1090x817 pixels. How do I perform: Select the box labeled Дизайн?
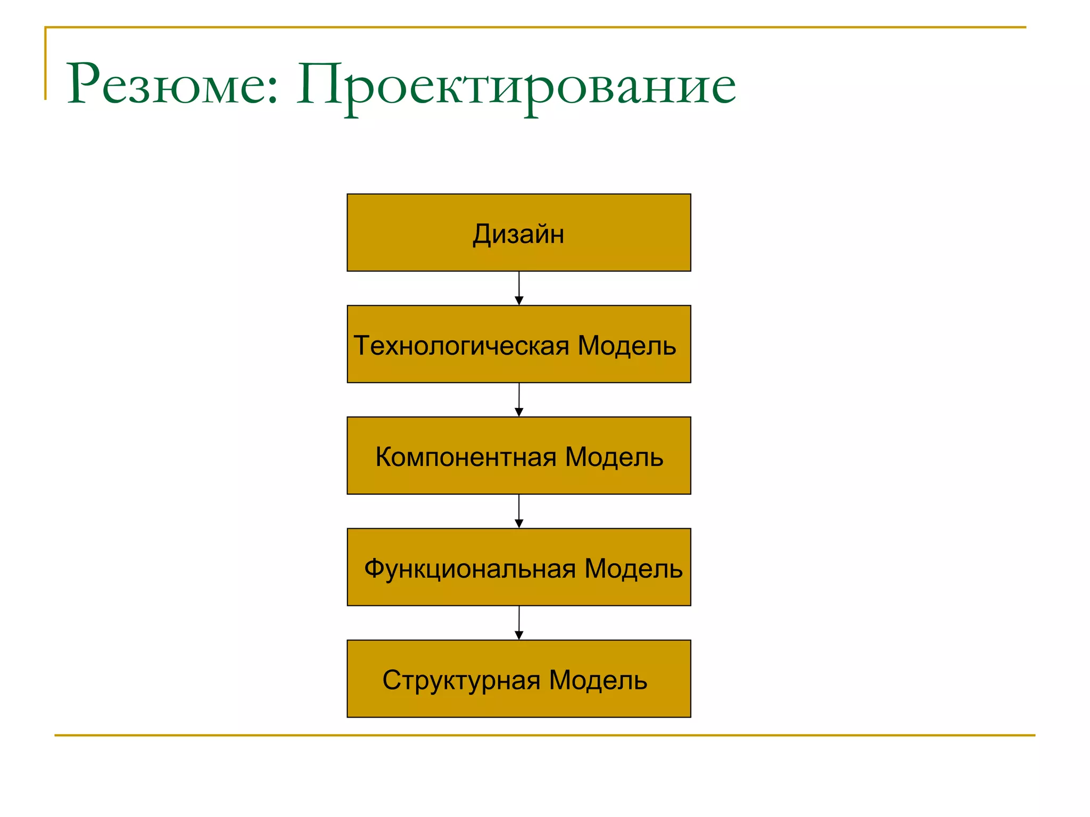pos(518,233)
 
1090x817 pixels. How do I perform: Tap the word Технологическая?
pos(461,346)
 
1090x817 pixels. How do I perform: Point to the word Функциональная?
pos(470,569)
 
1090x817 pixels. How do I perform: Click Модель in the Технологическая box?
pos(626,346)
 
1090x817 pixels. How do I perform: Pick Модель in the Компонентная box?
pos(614,457)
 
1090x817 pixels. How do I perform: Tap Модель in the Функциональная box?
pos(633,569)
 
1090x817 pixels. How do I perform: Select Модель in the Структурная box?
pos(598,680)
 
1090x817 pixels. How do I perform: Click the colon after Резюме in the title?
pos(273,90)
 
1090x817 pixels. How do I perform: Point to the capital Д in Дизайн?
pos(482,234)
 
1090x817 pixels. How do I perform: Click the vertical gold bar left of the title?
pos(45,64)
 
